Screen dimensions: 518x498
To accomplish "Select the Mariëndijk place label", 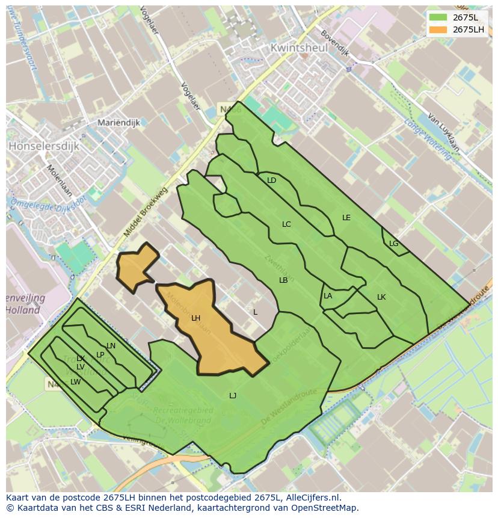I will pyautogui.click(x=118, y=123).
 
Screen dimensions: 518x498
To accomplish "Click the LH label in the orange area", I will pyautogui.click(x=195, y=318).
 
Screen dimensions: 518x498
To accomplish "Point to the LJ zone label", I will pyautogui.click(x=233, y=395).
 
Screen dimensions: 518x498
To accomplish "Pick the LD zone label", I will pyautogui.click(x=271, y=180).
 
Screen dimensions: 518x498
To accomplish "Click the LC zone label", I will pyautogui.click(x=286, y=224).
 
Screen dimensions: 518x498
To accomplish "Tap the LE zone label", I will pyautogui.click(x=346, y=218).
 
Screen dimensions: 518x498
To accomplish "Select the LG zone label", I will pyautogui.click(x=393, y=244).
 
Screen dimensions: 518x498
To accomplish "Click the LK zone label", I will pyautogui.click(x=381, y=297).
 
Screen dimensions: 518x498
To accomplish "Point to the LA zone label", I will pyautogui.click(x=328, y=296).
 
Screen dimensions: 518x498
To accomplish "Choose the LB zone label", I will pyautogui.click(x=283, y=280).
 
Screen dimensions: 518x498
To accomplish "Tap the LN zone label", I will pyautogui.click(x=111, y=346).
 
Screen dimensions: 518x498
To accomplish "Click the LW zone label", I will pyautogui.click(x=75, y=382).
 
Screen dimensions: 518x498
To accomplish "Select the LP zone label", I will pyautogui.click(x=100, y=355).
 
